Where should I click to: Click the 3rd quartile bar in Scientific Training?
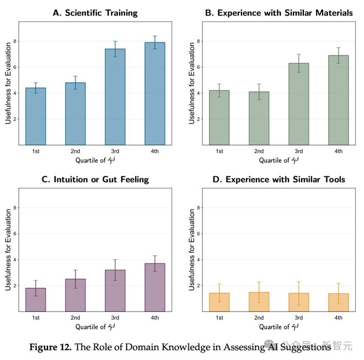[115, 97]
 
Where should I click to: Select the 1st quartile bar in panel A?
[35, 116]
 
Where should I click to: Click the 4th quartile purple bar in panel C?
[155, 287]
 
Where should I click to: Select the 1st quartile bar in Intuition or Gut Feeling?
[35, 299]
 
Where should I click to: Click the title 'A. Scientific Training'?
[95, 13]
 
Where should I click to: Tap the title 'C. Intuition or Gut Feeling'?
[95, 179]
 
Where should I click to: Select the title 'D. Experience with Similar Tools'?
[279, 179]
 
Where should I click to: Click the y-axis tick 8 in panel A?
[15, 41]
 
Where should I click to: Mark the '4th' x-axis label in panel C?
[155, 318]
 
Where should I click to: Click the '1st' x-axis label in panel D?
[219, 318]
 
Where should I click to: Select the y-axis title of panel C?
[8, 250]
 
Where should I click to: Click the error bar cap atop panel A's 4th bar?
[155, 36]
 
